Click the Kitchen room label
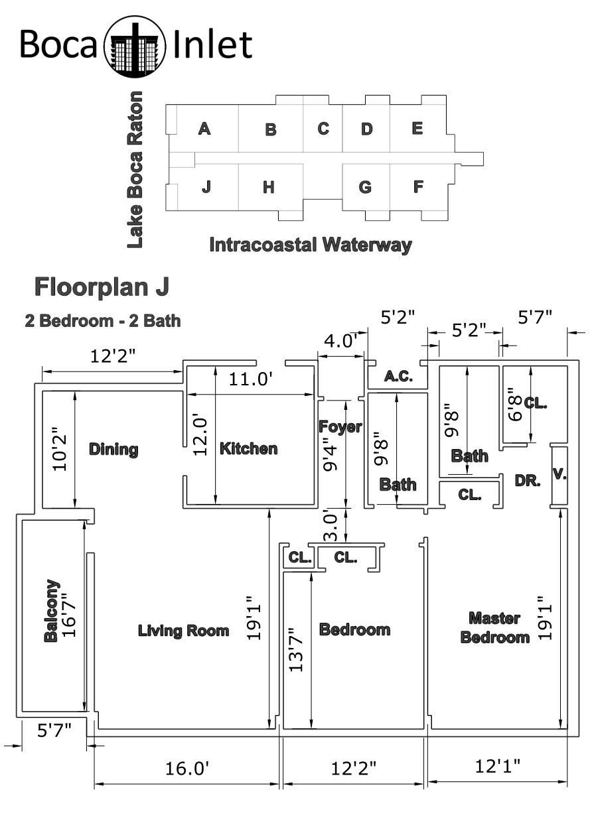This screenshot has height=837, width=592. click(248, 449)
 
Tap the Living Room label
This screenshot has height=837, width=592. click(184, 631)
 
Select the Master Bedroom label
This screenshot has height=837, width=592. click(494, 627)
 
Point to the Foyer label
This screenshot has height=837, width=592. click(340, 426)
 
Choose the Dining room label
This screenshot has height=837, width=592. click(113, 450)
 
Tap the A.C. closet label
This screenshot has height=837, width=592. click(399, 376)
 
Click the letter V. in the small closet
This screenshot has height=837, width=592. click(559, 475)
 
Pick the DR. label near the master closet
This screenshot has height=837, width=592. click(528, 481)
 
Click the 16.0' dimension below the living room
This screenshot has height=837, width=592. click(186, 769)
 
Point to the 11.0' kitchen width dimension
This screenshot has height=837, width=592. click(250, 379)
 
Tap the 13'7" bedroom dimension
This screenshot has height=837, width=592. click(296, 650)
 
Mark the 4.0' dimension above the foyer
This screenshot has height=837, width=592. click(340, 341)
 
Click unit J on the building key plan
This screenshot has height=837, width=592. click(206, 186)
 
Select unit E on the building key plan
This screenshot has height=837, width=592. click(417, 128)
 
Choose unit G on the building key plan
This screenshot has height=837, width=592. click(365, 187)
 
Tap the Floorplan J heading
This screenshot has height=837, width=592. click(102, 288)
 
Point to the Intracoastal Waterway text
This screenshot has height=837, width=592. click(311, 245)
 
